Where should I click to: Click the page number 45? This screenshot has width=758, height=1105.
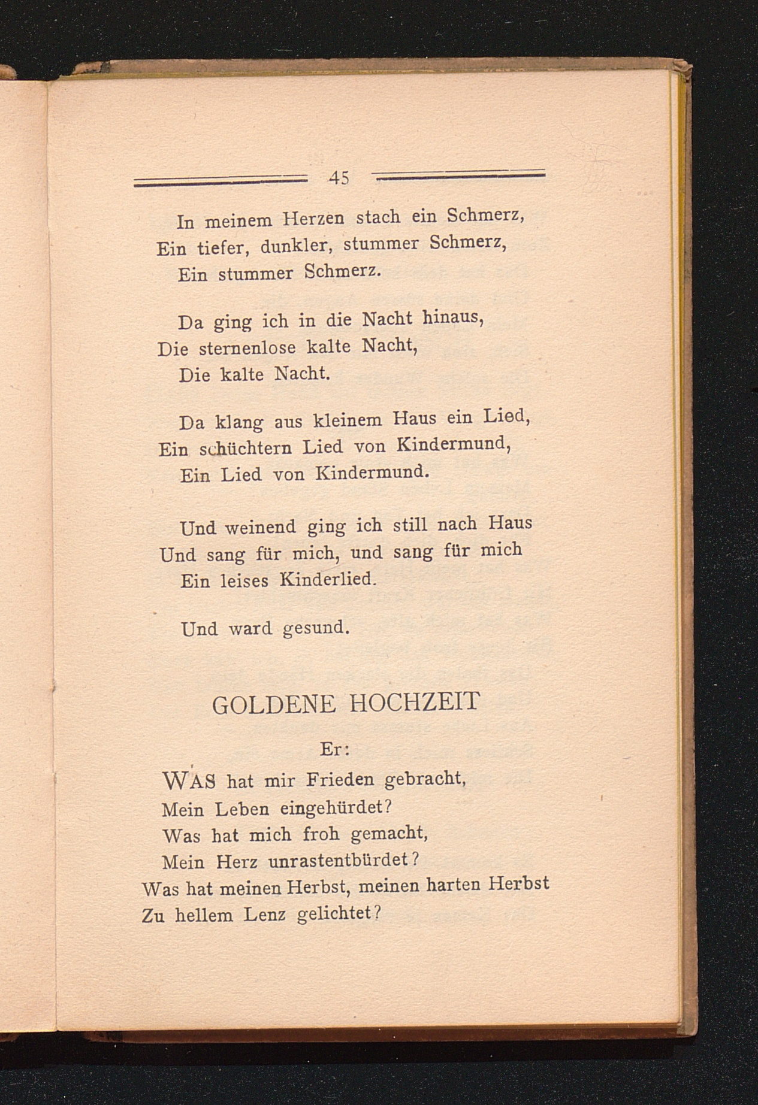tap(339, 177)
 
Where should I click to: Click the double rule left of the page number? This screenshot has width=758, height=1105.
tap(220, 180)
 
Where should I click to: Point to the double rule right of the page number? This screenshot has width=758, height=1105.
tap(458, 174)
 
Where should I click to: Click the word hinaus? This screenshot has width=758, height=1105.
tap(453, 317)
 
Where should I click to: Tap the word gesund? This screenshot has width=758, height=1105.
tap(315, 629)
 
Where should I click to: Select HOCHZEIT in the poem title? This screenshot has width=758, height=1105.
tap(414, 701)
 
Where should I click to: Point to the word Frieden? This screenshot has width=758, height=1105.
tap(340, 780)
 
